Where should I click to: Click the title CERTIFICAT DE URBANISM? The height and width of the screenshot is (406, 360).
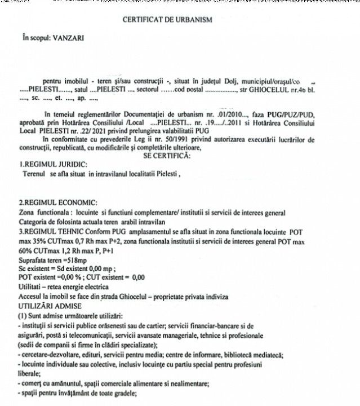(x=167, y=20)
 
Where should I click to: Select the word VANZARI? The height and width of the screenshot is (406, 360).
(x=68, y=41)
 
